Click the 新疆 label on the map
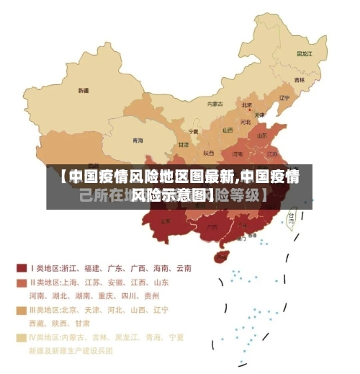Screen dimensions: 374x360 pyautogui.click(x=84, y=92)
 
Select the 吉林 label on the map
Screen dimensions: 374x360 pyautogui.click(x=300, y=80)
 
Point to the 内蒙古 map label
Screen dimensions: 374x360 pyautogui.click(x=215, y=104)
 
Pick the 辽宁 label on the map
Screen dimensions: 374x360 pyautogui.click(x=284, y=98)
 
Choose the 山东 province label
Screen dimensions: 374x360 pyautogui.click(x=264, y=135)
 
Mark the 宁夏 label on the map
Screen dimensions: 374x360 pyautogui.click(x=193, y=132)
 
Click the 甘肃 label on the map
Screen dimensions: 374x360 pyautogui.click(x=184, y=145)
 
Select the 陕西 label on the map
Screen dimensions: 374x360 pyautogui.click(x=209, y=153)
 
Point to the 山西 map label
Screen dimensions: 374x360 pyautogui.click(x=228, y=130)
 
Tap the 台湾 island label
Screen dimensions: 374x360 pyautogui.click(x=292, y=215)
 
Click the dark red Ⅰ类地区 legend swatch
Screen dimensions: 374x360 pyautogui.click(x=21, y=268)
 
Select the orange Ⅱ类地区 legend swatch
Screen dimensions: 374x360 pyautogui.click(x=21, y=282)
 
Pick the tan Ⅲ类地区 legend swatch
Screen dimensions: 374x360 pyautogui.click(x=21, y=310)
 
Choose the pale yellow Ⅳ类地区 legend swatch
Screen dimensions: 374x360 pyautogui.click(x=21, y=337)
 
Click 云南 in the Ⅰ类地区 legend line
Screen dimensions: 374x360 pyautogui.click(x=183, y=268)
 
